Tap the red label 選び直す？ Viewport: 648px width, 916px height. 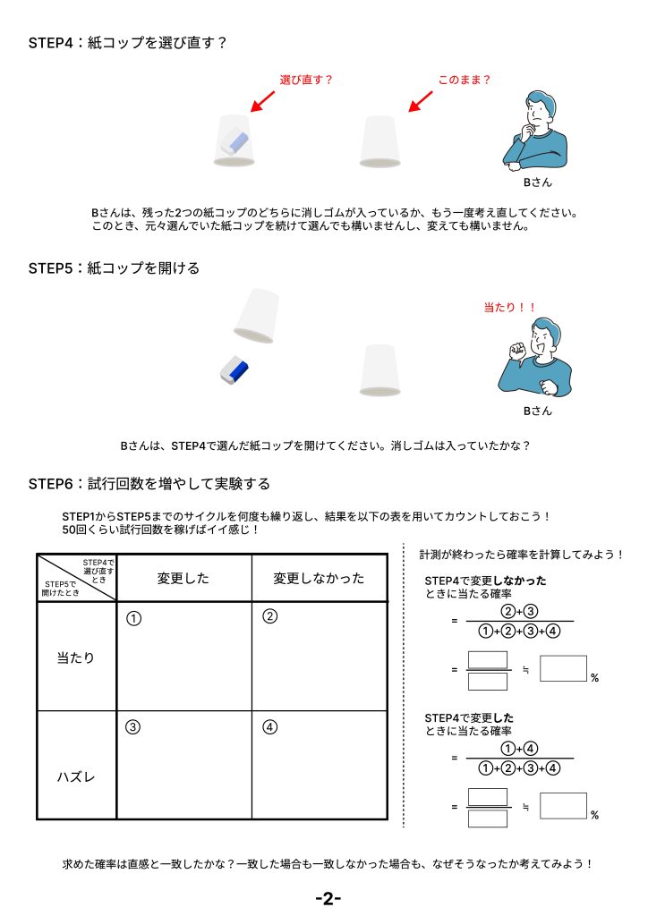tap(306, 80)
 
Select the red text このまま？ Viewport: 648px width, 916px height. tap(465, 80)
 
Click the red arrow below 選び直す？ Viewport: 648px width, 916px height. tap(262, 100)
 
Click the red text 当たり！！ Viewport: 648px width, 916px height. tap(509, 307)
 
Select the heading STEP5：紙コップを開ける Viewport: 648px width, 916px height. tap(114, 268)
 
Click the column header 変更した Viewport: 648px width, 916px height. tap(183, 579)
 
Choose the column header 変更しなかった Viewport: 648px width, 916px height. tap(320, 579)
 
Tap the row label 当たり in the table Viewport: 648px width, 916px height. tap(76, 657)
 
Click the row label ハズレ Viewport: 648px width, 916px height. tap(76, 776)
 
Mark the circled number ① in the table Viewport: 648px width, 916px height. tap(133, 617)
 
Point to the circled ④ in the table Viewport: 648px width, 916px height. tap(269, 727)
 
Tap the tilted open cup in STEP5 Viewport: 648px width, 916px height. tap(256, 316)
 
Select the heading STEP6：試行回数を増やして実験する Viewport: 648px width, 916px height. tap(149, 484)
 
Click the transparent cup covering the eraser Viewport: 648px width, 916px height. tap(235, 140)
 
